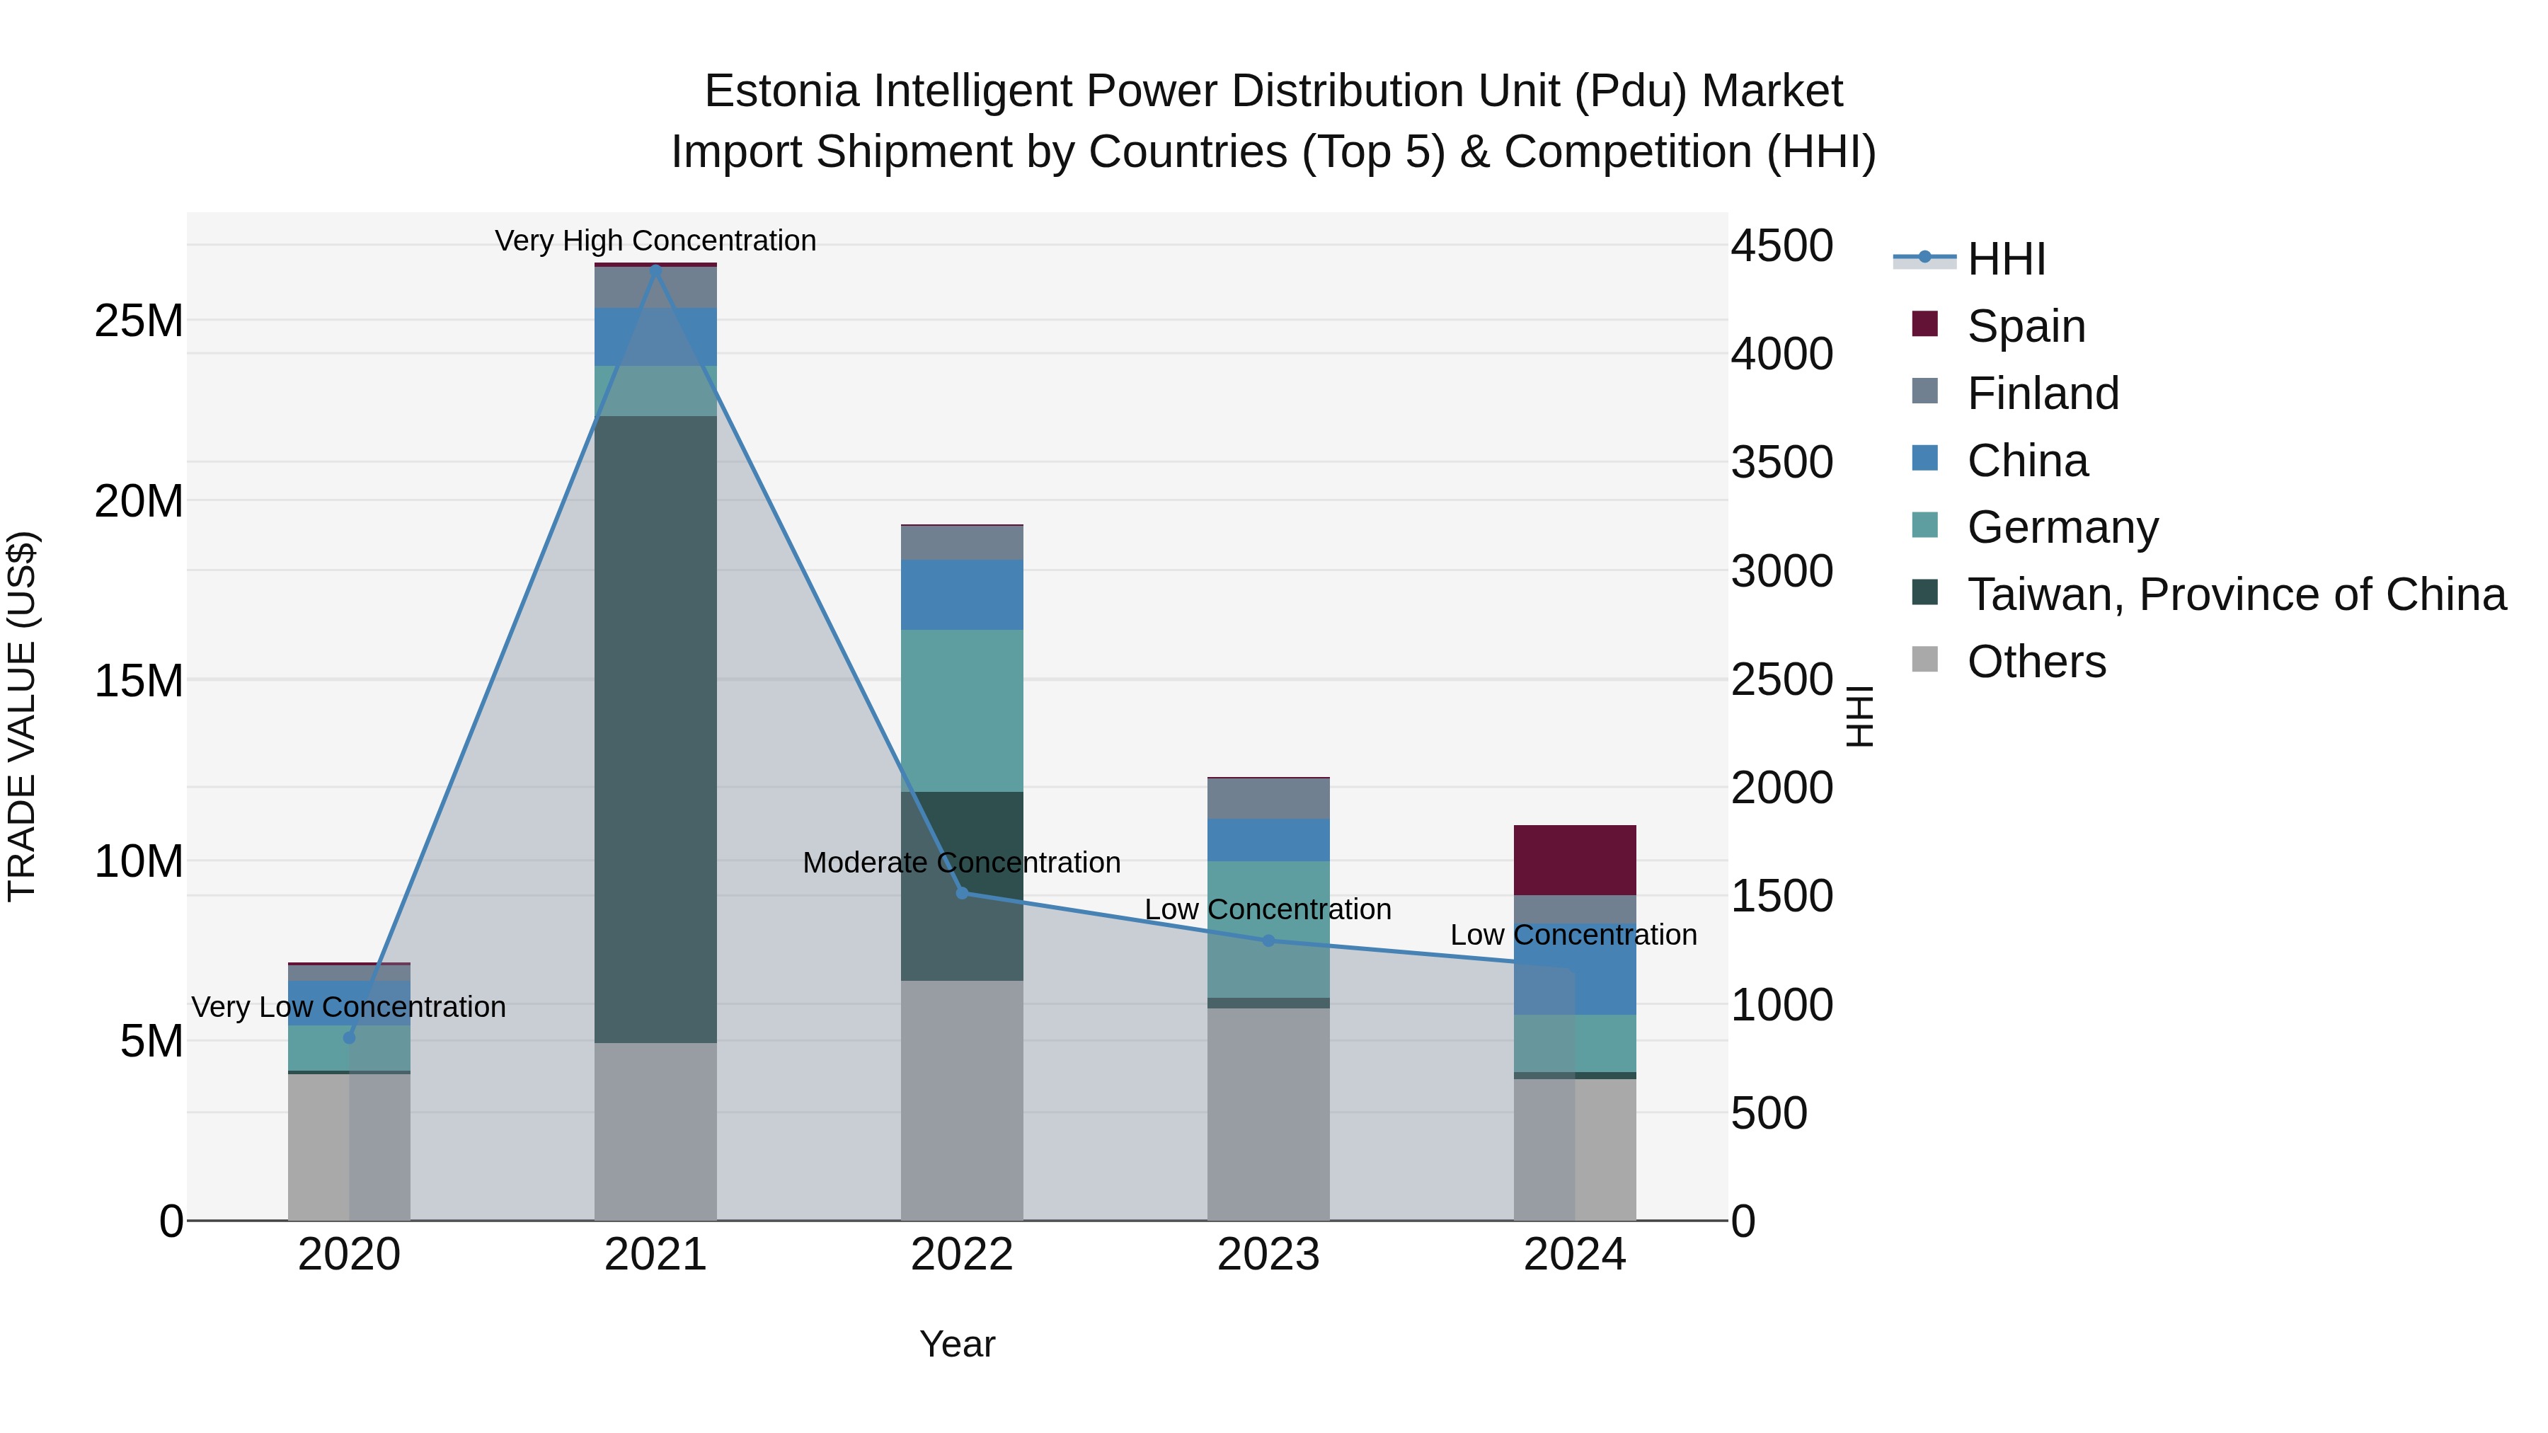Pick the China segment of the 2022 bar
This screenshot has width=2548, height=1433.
[x=961, y=594]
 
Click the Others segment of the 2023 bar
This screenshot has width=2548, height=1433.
[x=1268, y=1114]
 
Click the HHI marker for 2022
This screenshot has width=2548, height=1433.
[x=961, y=893]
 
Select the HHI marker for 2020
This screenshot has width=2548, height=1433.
[x=348, y=1037]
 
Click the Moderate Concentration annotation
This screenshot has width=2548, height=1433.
[x=961, y=863]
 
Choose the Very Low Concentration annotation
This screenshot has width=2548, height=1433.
[x=348, y=1007]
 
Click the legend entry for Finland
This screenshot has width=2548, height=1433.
[x=2043, y=393]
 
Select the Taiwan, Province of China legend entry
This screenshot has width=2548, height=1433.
[x=2235, y=594]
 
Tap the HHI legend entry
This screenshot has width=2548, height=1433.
[x=2006, y=259]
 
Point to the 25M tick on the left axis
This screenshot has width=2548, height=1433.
[x=139, y=321]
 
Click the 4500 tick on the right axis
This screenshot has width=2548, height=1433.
[x=1781, y=246]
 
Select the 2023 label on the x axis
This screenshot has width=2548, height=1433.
[x=1268, y=1255]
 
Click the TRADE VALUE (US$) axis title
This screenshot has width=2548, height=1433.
[x=22, y=716]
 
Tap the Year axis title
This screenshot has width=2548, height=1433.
[x=956, y=1344]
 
